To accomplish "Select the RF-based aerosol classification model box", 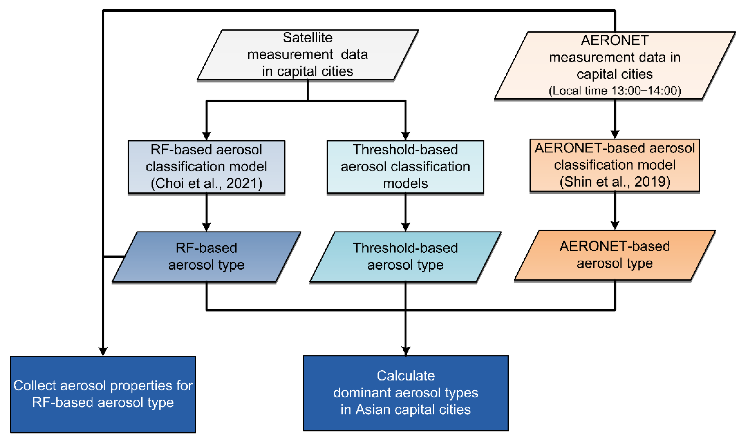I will tap(206, 166).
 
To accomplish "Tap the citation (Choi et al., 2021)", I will tap(206, 183).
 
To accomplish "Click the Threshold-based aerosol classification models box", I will tap(405, 166).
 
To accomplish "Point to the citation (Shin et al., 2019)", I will tap(615, 182).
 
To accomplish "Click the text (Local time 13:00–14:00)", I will tap(615, 91).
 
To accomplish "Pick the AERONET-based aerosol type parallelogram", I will tap(615, 255).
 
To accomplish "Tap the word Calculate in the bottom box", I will tap(406, 376).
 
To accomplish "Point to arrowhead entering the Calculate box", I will tap(406, 351).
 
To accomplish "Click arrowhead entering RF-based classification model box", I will tap(206, 136).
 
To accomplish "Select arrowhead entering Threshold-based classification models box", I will tap(405, 136).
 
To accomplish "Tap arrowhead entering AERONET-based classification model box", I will tap(615, 134).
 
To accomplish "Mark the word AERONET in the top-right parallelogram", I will tap(615, 40).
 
